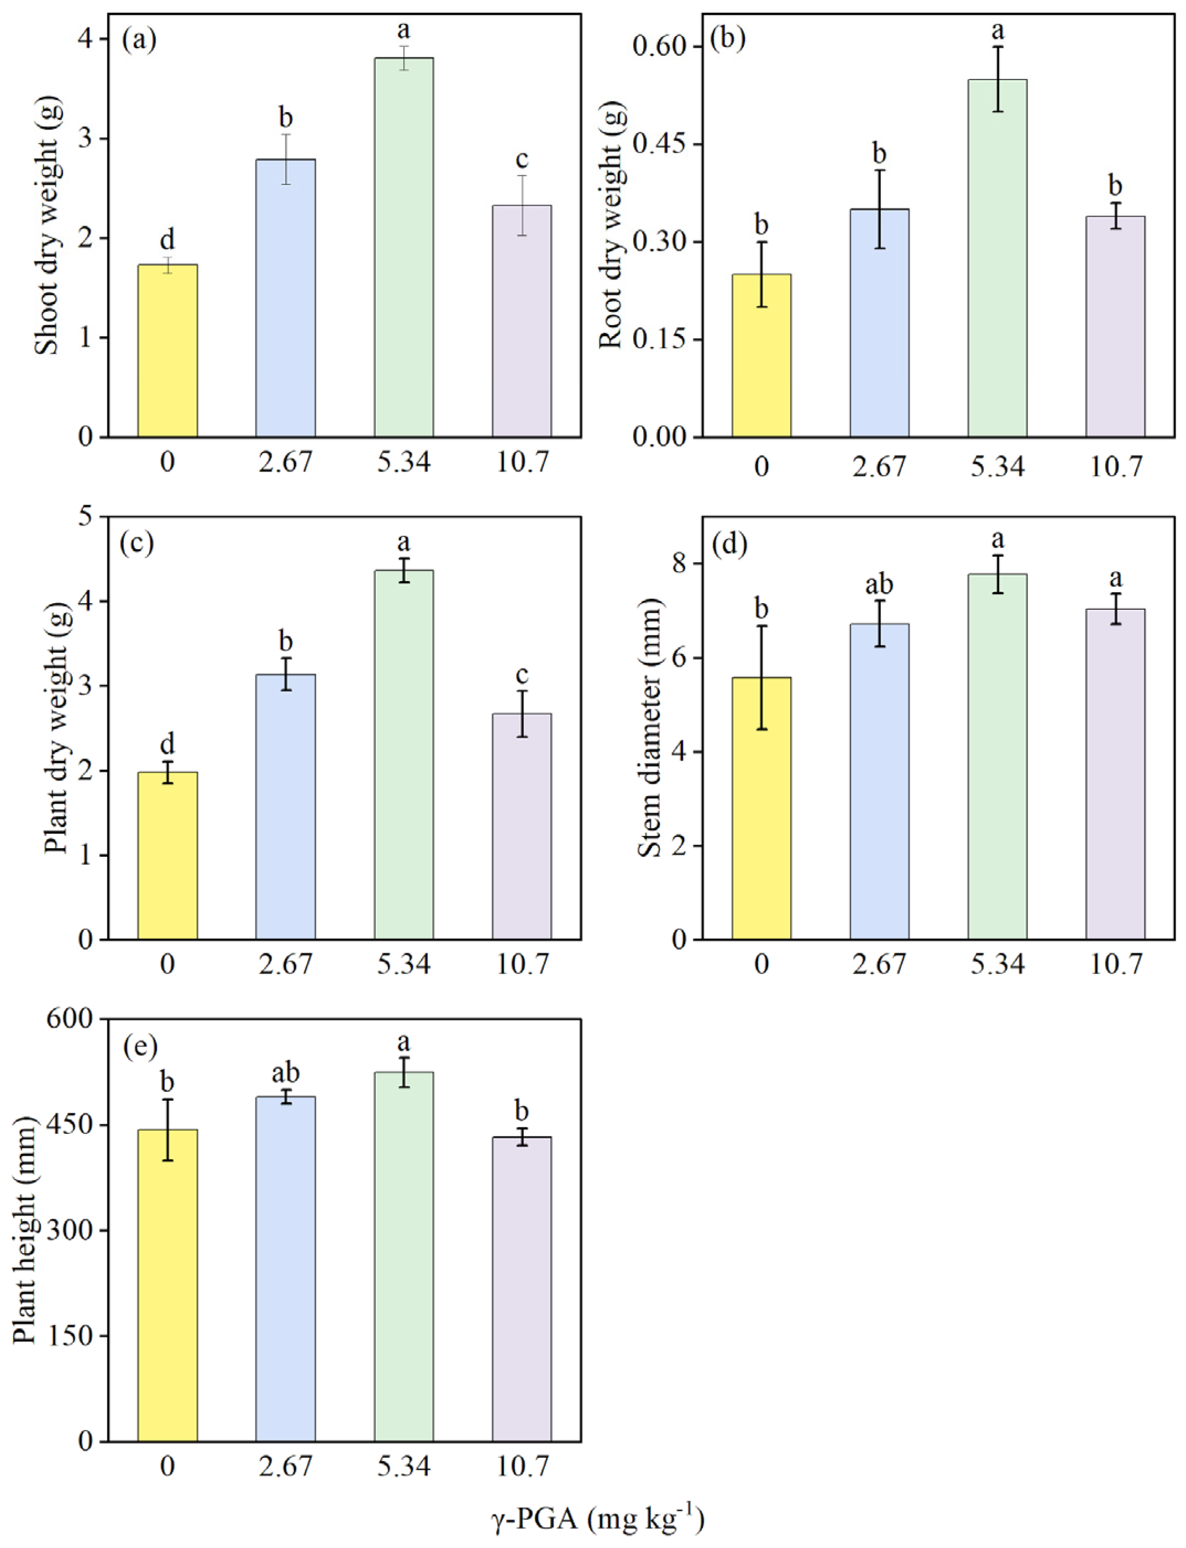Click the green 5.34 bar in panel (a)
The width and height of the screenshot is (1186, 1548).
point(403,247)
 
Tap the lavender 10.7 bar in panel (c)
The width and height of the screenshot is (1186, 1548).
point(522,827)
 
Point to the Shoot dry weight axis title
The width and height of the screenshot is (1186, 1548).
point(48,226)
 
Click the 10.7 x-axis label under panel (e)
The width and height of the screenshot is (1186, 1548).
point(522,1466)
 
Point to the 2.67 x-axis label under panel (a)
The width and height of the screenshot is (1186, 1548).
point(285,463)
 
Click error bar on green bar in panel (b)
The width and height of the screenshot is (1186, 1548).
point(998,79)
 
